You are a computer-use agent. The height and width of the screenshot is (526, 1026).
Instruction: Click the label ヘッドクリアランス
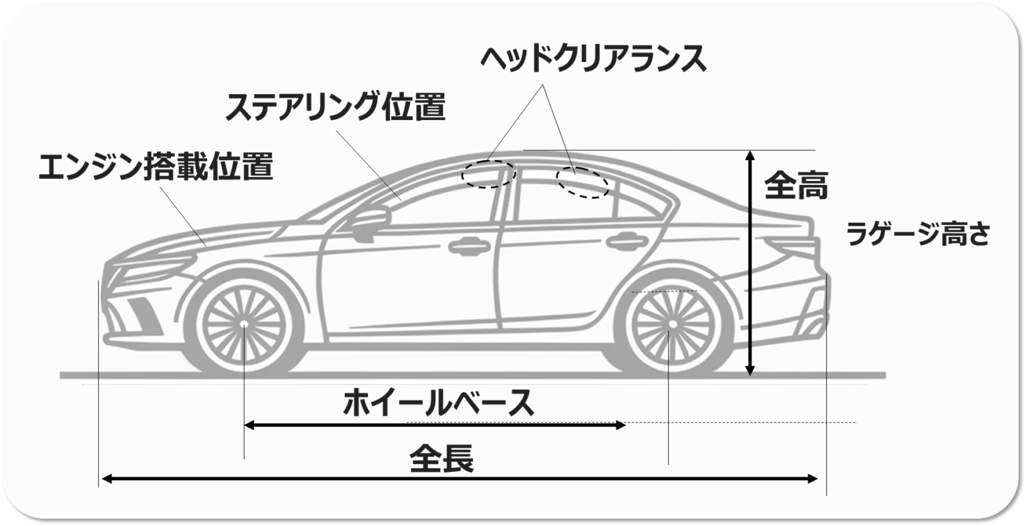click(x=592, y=60)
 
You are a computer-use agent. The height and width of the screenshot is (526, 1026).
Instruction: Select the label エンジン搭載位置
click(x=156, y=166)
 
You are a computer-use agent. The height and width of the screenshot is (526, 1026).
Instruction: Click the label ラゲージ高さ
click(x=917, y=234)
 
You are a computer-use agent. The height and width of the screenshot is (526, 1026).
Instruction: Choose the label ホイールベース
click(x=438, y=403)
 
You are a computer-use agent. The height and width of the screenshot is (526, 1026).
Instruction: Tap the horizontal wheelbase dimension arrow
click(x=434, y=425)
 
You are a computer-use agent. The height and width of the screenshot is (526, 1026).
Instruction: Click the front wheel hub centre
click(x=244, y=324)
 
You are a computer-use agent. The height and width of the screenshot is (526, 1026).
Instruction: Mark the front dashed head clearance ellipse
click(x=490, y=173)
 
